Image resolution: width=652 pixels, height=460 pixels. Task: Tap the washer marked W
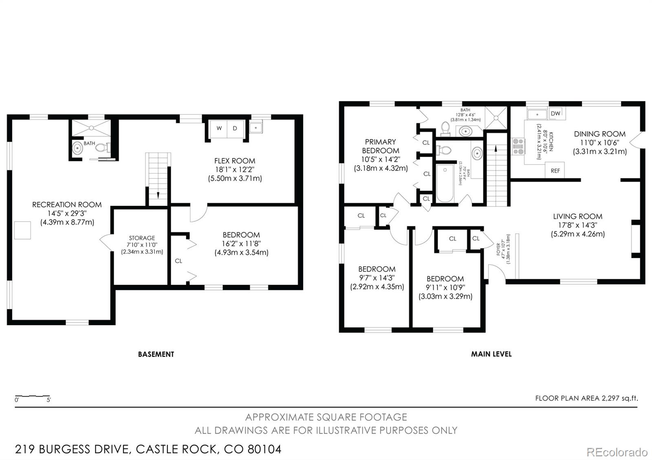(219, 128)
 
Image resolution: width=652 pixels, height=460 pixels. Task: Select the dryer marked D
(235, 128)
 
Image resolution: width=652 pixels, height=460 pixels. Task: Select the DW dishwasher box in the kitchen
(555, 114)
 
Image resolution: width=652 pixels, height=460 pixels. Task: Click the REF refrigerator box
(555, 171)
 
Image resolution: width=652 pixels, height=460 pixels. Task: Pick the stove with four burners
(518, 147)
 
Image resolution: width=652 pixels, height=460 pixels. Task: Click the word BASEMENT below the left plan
(156, 354)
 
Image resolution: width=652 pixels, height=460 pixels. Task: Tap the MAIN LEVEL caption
(491, 354)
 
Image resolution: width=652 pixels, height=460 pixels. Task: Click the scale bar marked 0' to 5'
(33, 397)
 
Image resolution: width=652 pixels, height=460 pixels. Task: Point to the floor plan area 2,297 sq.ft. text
(586, 398)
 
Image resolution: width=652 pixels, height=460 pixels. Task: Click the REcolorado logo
(617, 452)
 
